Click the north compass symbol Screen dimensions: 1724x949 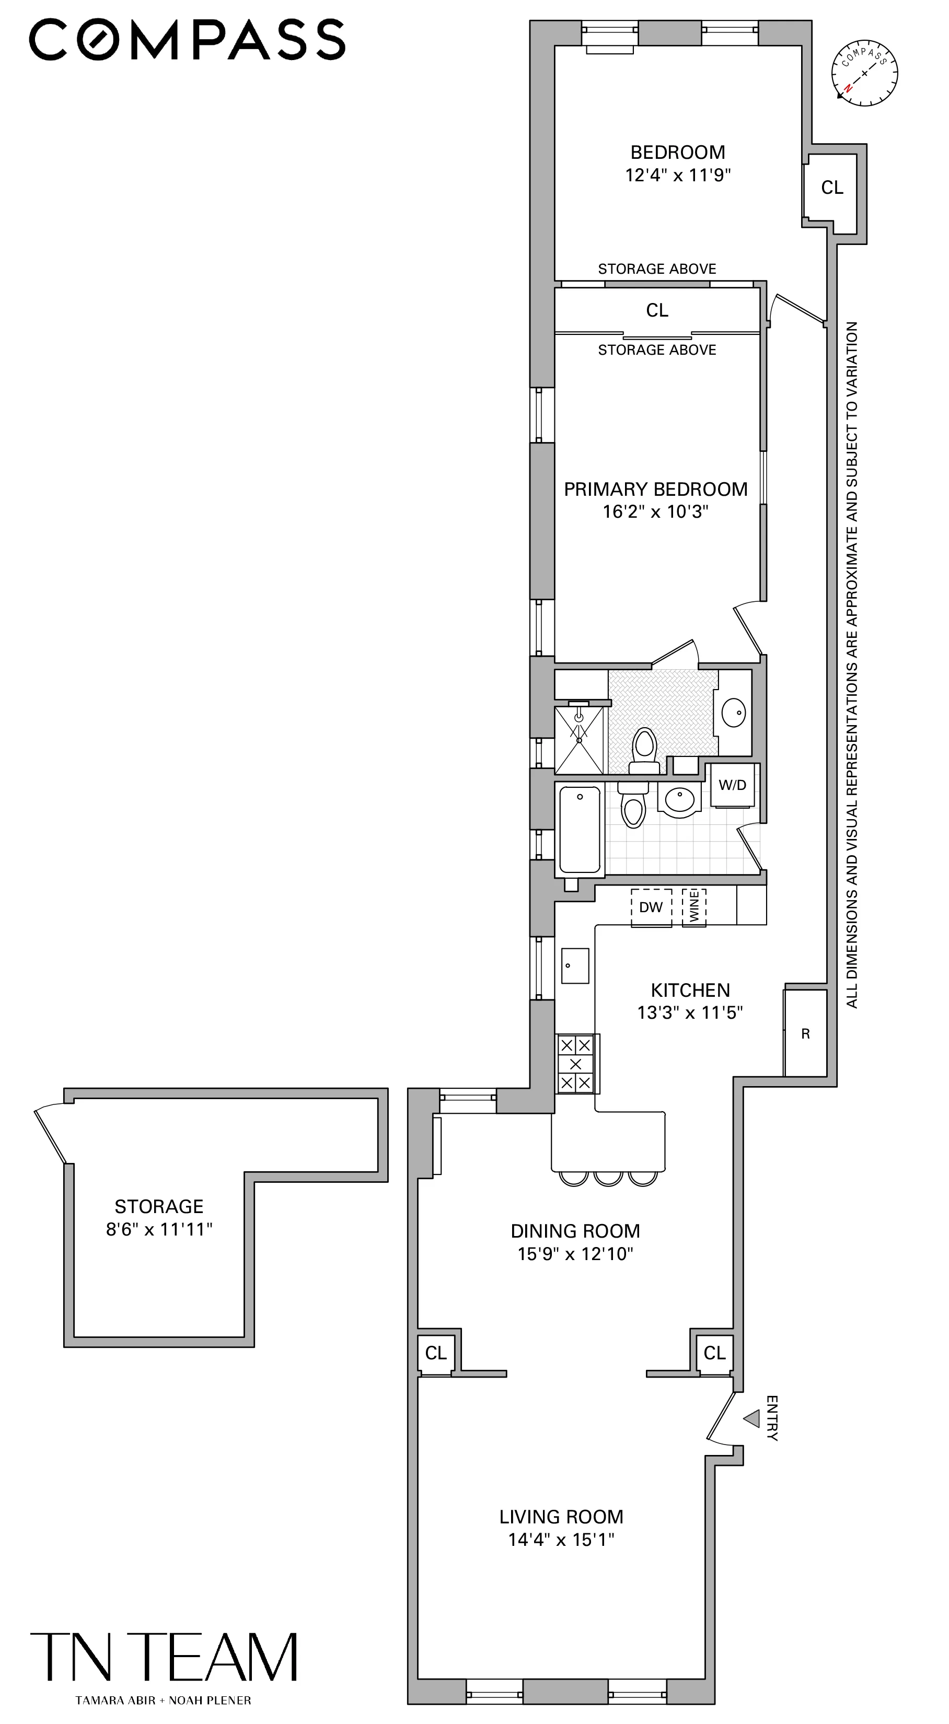coord(864,74)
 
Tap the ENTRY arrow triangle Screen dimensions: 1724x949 coord(752,1418)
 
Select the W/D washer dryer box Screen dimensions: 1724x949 coord(732,785)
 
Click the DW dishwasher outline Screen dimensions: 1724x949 coord(651,907)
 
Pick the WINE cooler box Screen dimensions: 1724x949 coord(694,907)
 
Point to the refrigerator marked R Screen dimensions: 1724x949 coord(805,1034)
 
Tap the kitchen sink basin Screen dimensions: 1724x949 coord(575,966)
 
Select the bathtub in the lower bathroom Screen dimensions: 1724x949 coord(580,830)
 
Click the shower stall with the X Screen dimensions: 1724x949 coord(579,740)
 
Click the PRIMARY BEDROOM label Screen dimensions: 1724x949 coord(655,489)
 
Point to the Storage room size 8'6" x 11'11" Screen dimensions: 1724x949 coord(159,1229)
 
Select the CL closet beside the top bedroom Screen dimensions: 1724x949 coord(832,188)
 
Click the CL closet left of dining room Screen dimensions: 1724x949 coord(436,1353)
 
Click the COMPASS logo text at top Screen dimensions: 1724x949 coord(188,40)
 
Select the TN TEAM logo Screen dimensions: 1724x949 coord(164,1657)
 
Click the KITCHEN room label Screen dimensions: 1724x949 coord(690,990)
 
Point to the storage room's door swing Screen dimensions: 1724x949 coord(50,1135)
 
